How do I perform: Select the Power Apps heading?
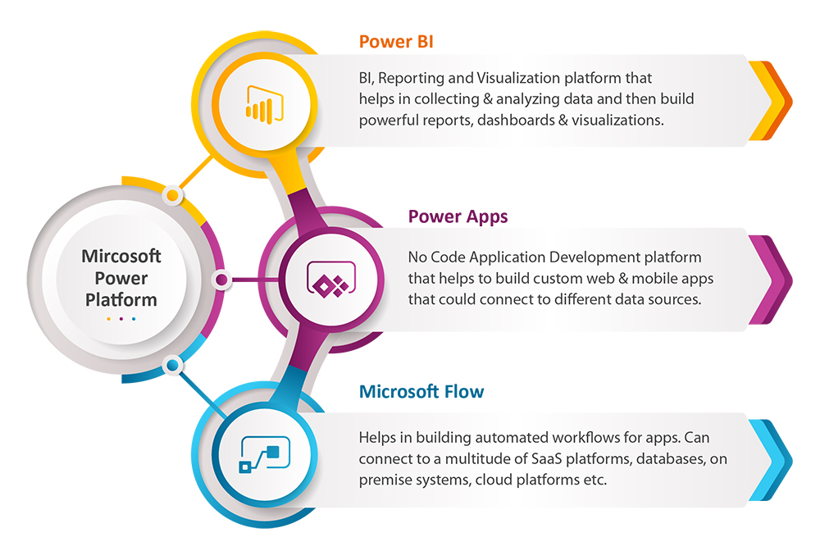(458, 216)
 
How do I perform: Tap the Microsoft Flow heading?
(421, 391)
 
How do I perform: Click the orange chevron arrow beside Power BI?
(777, 101)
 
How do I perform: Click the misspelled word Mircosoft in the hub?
(121, 256)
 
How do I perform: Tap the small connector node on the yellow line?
(172, 196)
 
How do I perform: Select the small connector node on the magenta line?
(221, 280)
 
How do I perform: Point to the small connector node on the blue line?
(172, 365)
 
